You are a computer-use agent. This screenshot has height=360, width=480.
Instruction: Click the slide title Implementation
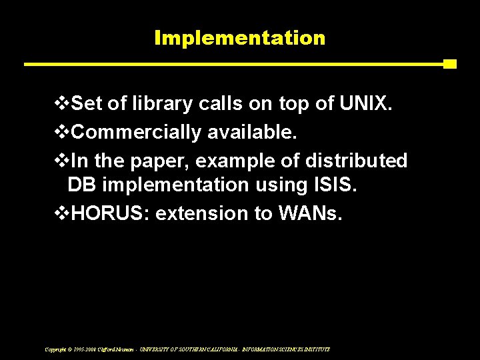tap(239, 38)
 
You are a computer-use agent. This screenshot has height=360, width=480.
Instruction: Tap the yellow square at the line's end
tap(450, 64)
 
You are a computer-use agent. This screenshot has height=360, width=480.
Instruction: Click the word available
tap(252, 132)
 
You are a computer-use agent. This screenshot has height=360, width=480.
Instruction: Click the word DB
tap(81, 185)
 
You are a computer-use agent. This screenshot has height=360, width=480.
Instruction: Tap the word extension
tap(201, 213)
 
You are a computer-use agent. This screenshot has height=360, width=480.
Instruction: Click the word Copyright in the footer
tap(55, 349)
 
